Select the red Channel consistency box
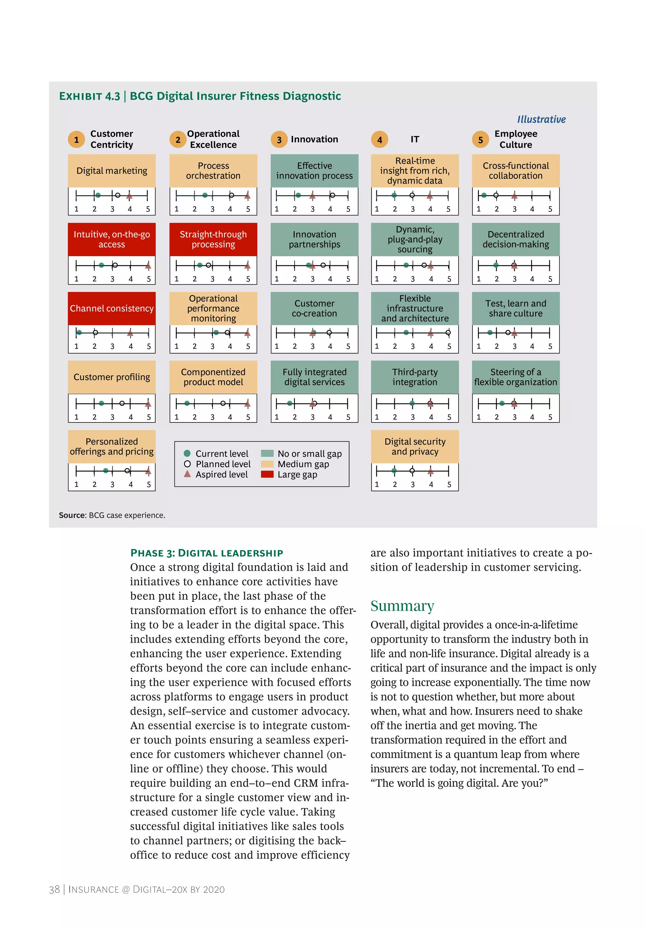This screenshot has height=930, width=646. [112, 309]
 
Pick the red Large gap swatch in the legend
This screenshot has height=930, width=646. [267, 474]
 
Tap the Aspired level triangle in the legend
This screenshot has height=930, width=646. [187, 474]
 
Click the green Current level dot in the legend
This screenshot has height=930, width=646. [187, 453]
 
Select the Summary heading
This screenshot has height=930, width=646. [402, 606]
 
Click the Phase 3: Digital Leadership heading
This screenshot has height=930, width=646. [206, 553]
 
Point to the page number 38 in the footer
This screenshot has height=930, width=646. [54, 889]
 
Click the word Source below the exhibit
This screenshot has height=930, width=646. [72, 515]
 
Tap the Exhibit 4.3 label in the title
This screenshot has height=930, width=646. [90, 96]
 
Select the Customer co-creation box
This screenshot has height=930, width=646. [314, 309]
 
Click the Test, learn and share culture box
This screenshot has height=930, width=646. [516, 309]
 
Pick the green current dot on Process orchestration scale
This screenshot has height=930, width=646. [205, 196]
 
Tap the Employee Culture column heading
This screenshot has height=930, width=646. [516, 139]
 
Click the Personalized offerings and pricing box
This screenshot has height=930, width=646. [112, 446]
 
